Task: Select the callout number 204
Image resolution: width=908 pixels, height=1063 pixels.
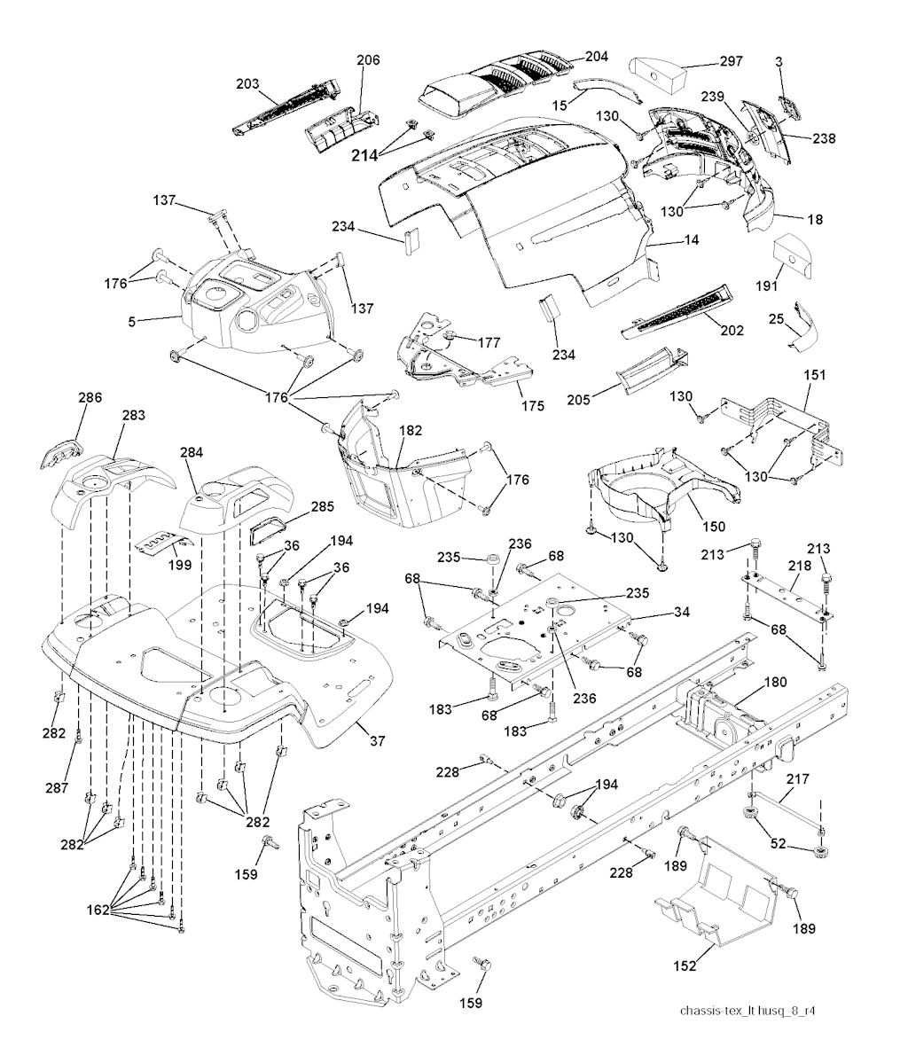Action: pyautogui.click(x=597, y=56)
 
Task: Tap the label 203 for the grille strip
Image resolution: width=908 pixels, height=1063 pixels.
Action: pyautogui.click(x=247, y=84)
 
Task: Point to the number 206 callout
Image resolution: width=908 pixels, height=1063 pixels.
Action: pyautogui.click(x=368, y=60)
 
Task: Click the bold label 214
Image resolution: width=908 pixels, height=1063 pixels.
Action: pyautogui.click(x=364, y=156)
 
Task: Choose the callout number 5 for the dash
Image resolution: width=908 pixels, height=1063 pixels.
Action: pyautogui.click(x=132, y=322)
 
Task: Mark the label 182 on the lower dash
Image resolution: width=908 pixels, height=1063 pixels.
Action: pyautogui.click(x=410, y=429)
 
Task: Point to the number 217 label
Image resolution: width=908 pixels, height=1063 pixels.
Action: pyautogui.click(x=798, y=779)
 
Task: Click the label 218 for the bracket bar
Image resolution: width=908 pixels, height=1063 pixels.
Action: pyautogui.click(x=796, y=565)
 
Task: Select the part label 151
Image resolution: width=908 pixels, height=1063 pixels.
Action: pyautogui.click(x=814, y=376)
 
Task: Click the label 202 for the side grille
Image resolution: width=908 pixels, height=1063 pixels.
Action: pyautogui.click(x=732, y=331)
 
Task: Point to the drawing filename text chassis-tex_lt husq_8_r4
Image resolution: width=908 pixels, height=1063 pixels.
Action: pyautogui.click(x=748, y=1011)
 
